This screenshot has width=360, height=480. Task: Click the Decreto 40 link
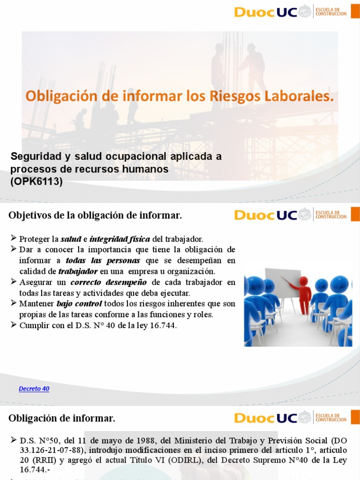tap(34, 389)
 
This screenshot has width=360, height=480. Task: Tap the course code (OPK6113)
tap(37, 182)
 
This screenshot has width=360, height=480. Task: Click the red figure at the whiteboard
tap(303, 294)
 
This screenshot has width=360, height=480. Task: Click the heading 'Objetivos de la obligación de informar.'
tap(95, 216)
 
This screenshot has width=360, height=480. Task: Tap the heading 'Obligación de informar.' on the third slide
tap(62, 418)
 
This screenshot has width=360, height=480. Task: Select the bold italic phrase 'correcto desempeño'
tap(109, 282)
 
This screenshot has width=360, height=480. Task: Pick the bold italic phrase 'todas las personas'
tap(103, 261)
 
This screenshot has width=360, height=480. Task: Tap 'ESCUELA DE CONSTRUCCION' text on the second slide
tap(331, 215)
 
